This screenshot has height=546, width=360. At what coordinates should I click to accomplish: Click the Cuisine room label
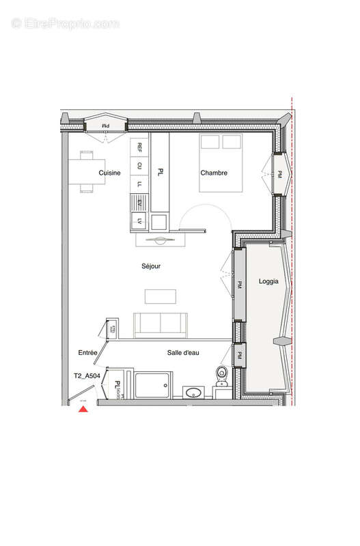click(109, 173)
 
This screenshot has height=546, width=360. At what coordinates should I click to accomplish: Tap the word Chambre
click(213, 173)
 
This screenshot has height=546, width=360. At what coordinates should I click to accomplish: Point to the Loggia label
click(268, 282)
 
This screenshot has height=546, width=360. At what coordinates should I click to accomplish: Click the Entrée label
click(88, 352)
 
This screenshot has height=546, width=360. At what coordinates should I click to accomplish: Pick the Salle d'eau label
click(182, 352)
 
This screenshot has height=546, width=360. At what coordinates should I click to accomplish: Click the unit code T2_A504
click(87, 375)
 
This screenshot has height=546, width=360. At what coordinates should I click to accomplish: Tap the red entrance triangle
click(83, 409)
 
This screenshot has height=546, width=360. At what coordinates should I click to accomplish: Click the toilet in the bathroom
click(222, 373)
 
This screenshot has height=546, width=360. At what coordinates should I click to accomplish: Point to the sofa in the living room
click(161, 324)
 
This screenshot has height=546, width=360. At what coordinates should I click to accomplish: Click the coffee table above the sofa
click(161, 296)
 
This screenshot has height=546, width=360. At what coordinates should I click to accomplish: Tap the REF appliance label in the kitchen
click(139, 147)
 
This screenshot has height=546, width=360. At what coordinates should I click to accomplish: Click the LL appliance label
click(139, 184)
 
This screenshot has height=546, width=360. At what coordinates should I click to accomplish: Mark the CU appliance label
click(139, 165)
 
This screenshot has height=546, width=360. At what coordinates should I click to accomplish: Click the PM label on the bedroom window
click(279, 175)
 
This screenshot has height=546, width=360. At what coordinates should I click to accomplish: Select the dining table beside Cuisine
click(87, 171)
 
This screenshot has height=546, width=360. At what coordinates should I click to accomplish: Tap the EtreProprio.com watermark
click(65, 23)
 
